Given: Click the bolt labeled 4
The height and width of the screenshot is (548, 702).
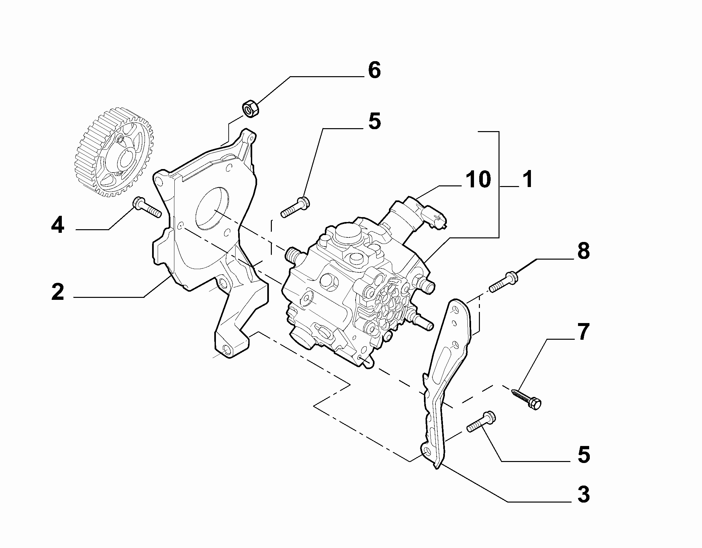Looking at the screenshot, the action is [147, 208].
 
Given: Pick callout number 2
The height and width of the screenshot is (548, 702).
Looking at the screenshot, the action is [58, 292].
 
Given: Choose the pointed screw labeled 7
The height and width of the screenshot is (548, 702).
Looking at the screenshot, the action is [526, 398].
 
